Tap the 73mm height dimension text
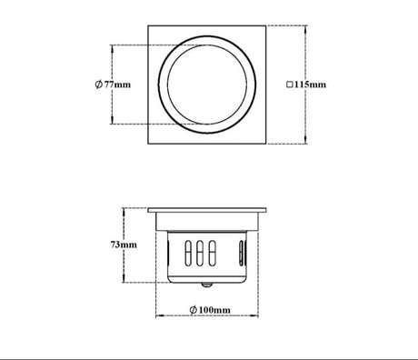(124, 245)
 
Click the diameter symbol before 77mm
(98, 85)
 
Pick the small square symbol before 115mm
(290, 85)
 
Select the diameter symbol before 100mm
(194, 310)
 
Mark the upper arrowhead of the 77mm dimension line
(112, 48)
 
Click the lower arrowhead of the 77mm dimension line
(112, 121)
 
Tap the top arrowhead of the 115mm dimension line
(305, 29)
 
